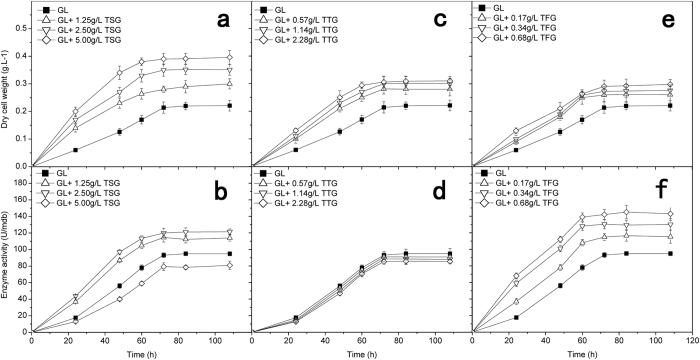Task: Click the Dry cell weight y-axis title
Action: tap(8, 90)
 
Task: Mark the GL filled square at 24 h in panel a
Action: tap(75, 150)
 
